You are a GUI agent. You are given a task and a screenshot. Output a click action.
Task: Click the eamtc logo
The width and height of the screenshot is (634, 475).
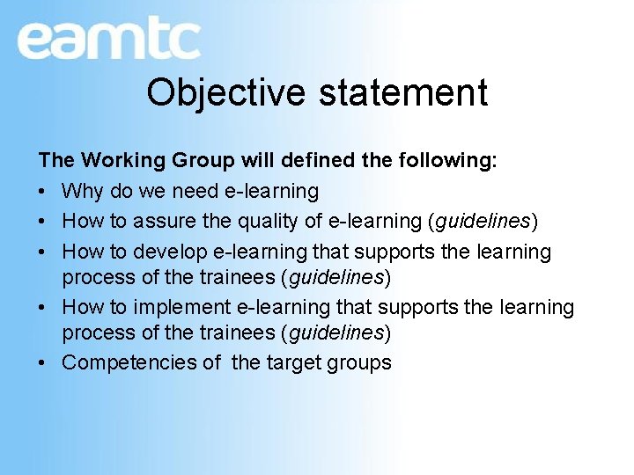(x=108, y=40)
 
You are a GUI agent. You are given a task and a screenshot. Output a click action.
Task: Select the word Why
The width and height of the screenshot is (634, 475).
(x=82, y=191)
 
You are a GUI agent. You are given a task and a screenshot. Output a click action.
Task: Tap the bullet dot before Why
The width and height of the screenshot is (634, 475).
(x=43, y=192)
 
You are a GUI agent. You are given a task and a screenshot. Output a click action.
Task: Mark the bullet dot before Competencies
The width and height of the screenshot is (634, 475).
(x=43, y=363)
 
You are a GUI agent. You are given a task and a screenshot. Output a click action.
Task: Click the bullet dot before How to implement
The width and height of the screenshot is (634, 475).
(x=43, y=308)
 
